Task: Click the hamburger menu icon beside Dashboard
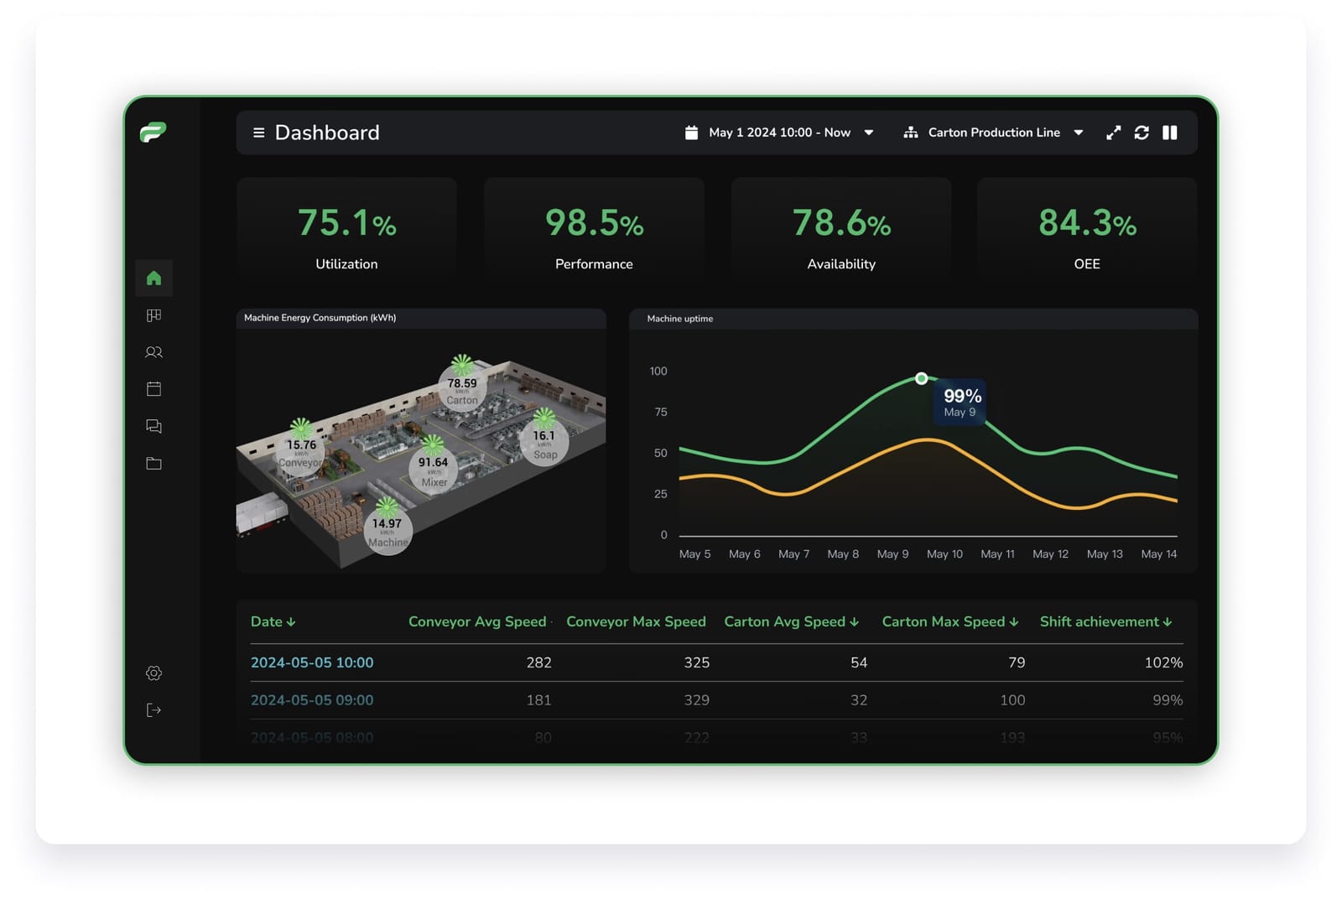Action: pyautogui.click(x=258, y=133)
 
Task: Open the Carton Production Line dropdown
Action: pyautogui.click(x=993, y=133)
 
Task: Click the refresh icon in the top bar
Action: pyautogui.click(x=1141, y=133)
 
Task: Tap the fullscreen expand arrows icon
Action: pyautogui.click(x=1113, y=133)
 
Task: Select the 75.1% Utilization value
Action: pyautogui.click(x=346, y=223)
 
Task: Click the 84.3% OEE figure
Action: pyautogui.click(x=1087, y=223)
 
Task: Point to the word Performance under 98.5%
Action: pyautogui.click(x=594, y=264)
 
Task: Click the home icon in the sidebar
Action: pyautogui.click(x=153, y=278)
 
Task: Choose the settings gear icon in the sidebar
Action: pyautogui.click(x=153, y=673)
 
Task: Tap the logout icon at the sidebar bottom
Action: pyautogui.click(x=153, y=710)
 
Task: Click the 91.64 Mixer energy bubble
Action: pyautogui.click(x=434, y=470)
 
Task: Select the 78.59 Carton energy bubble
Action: pyautogui.click(x=462, y=389)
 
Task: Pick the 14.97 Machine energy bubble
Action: pyautogui.click(x=388, y=531)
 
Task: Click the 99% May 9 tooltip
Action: pyautogui.click(x=961, y=402)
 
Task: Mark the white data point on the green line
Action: pyautogui.click(x=921, y=379)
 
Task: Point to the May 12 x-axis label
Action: pyautogui.click(x=1050, y=554)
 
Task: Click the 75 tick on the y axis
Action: pyautogui.click(x=661, y=412)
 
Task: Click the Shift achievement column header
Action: pyautogui.click(x=1105, y=621)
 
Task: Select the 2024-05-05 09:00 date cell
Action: pyautogui.click(x=312, y=700)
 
